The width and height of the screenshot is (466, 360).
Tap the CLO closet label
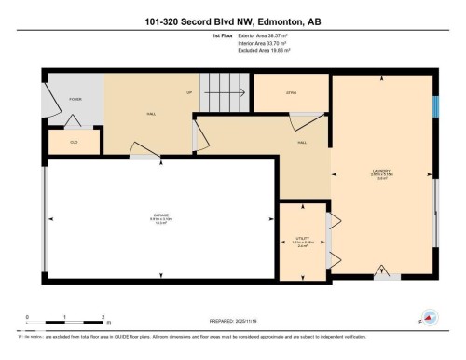pos(73,143)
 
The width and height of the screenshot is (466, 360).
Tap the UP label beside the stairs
pos(190,93)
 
